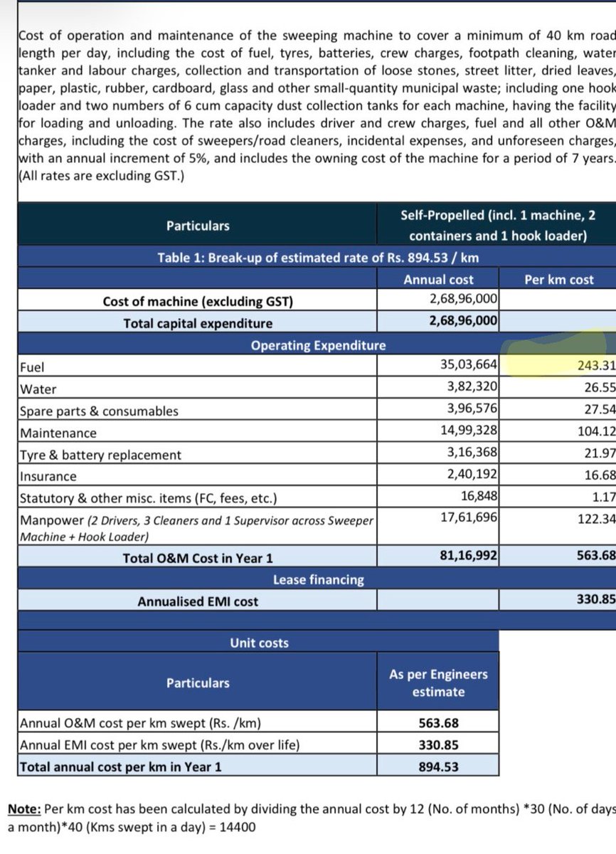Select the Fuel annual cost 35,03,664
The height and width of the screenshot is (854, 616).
469,366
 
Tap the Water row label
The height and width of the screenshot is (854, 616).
38,389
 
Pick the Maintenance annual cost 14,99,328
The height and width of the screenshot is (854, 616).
469,431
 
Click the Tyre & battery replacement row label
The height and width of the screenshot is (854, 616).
100,455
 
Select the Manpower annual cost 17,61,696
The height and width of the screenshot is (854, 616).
469,519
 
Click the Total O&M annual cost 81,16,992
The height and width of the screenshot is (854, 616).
469,557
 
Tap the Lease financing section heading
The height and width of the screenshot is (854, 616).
318,580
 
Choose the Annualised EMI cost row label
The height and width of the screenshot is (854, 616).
198,601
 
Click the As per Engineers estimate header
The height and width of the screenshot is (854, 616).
438,683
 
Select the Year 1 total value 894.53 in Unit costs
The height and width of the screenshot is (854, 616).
438,766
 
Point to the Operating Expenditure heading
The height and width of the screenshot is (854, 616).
318,346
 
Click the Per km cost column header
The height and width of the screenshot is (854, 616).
558,280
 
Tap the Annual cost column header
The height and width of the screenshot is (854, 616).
438,280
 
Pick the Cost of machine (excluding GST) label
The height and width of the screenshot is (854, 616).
198,302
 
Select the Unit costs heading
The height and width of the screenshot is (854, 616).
259,643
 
